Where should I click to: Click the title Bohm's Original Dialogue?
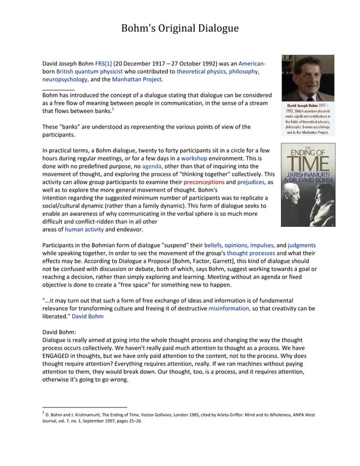click(180, 28)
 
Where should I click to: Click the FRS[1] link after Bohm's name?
click(104, 63)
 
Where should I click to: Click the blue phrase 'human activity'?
click(84, 230)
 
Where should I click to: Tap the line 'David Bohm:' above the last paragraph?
click(59, 332)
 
